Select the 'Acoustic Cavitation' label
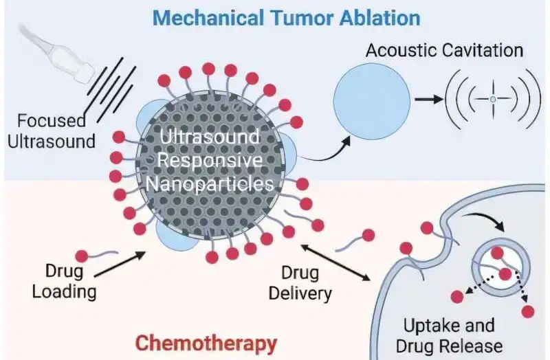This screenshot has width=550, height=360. (444, 50)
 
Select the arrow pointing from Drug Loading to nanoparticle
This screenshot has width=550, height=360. (120, 266)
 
